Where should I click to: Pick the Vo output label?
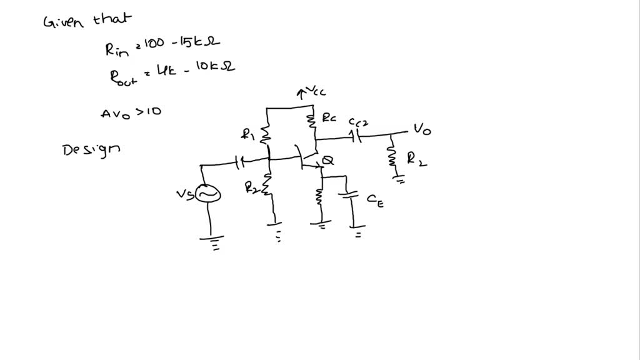click(x=421, y=130)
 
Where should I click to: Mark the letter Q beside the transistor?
click(x=327, y=161)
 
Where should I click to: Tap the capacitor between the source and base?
click(x=239, y=164)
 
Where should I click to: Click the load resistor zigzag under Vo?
click(x=393, y=157)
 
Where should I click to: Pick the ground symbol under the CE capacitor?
click(x=359, y=234)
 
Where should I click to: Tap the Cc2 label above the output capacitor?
click(x=359, y=122)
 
